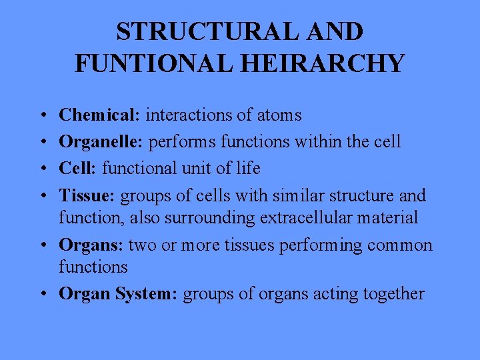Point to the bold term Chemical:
pos(100,115)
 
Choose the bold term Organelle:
pos(102,142)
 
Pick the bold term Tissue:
pos(87,196)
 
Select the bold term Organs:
pos(91,245)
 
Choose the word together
pos(394,293)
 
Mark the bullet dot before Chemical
pos(42,116)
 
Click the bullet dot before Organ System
pos(42,294)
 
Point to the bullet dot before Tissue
pos(42,196)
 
